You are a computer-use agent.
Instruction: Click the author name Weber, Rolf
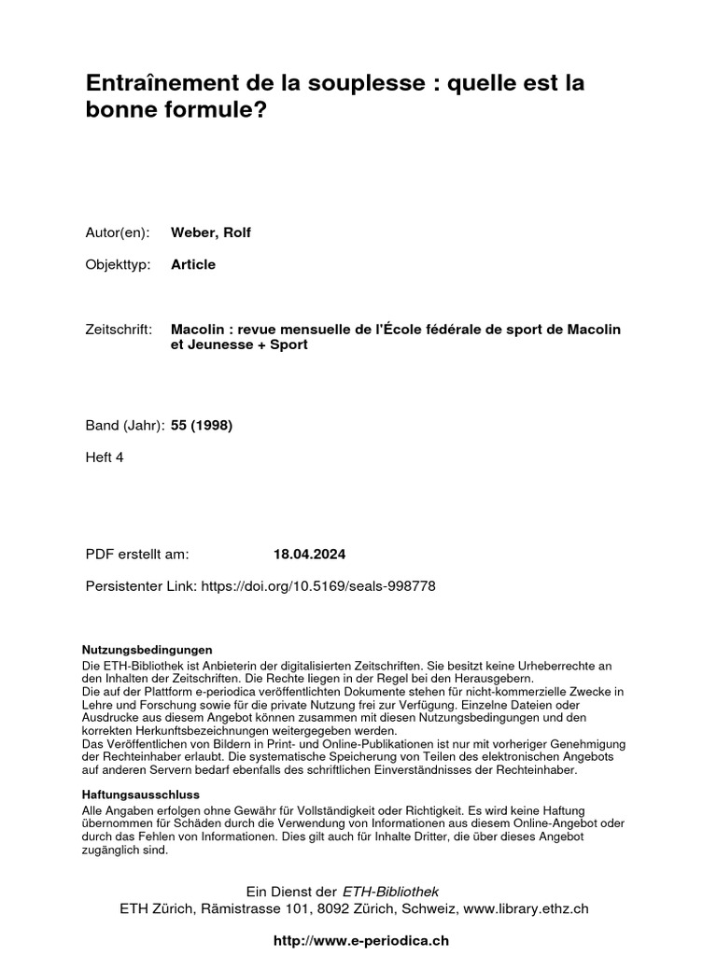[211, 232]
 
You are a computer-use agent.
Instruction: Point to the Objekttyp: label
[117, 264]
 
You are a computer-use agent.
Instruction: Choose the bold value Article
[193, 264]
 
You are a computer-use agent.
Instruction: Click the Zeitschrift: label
[119, 330]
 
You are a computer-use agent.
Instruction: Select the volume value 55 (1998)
[202, 426]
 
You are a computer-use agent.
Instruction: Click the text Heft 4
[105, 457]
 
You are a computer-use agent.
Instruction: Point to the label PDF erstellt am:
[137, 554]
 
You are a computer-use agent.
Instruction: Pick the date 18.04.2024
[309, 554]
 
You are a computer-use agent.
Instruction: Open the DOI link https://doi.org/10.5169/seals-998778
[317, 585]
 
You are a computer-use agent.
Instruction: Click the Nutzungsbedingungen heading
[148, 649]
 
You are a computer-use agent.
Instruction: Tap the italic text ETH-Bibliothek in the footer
[391, 892]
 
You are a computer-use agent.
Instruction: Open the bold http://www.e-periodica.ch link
[358, 940]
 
